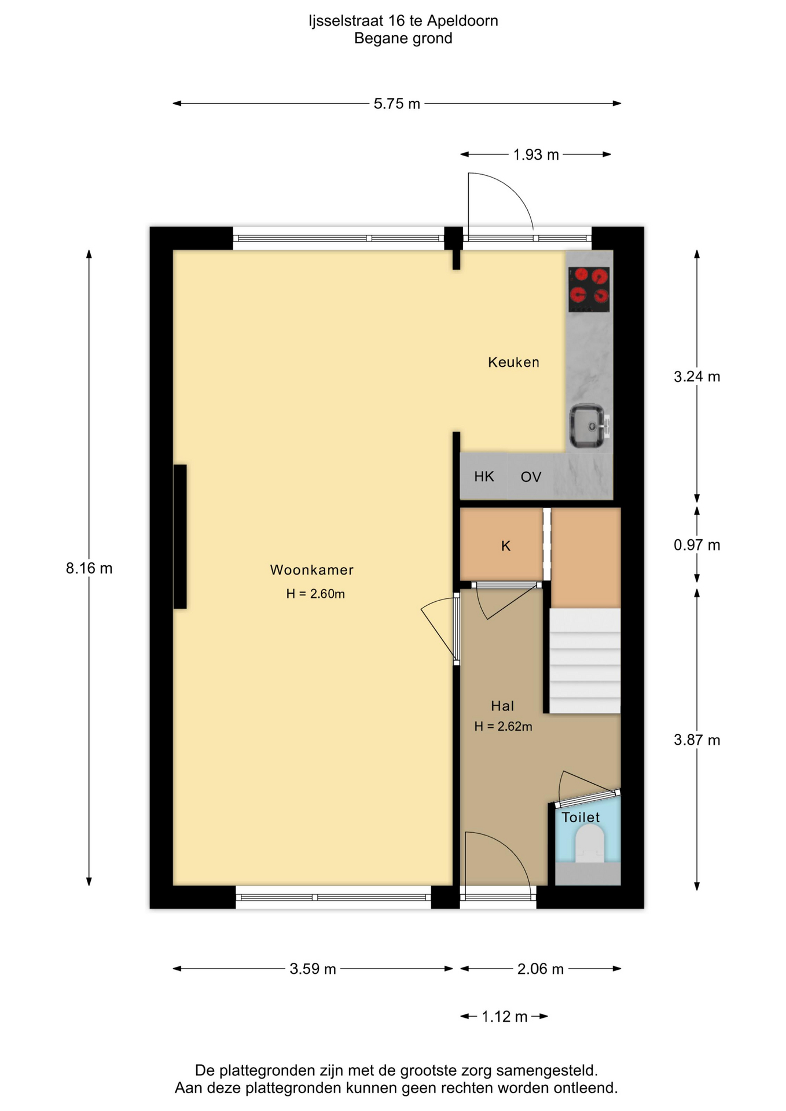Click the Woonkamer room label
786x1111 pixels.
coord(311,570)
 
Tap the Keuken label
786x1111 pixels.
coord(513,362)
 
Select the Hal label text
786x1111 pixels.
coord(502,706)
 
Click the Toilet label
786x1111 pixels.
coord(581,817)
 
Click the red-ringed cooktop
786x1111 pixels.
coord(589,289)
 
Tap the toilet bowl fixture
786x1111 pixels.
coord(590,844)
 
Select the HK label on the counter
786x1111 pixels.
coord(484,476)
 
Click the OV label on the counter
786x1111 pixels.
coord(531,477)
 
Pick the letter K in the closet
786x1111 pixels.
coord(506,546)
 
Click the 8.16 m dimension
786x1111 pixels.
coord(89,568)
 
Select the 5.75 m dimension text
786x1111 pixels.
coord(396,104)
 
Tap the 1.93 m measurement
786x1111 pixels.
coord(536,154)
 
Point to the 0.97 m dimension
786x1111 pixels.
coord(697,545)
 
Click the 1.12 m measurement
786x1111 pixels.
coord(505,1017)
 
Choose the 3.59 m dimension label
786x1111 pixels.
coord(313,969)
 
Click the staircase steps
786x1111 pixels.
coord(585,660)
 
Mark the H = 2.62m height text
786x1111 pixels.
coord(503,727)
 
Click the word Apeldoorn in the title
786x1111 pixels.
coord(462,21)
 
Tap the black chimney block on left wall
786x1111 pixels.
coord(180,536)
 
